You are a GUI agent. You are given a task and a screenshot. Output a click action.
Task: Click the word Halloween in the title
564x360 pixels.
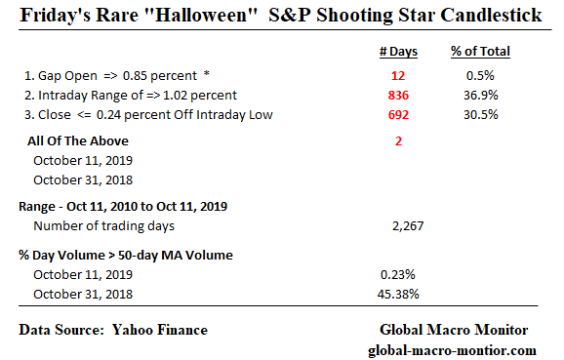point(209,17)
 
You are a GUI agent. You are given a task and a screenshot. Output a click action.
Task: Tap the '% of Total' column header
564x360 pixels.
point(482,52)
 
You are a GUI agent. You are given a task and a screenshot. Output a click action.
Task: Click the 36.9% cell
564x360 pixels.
point(482,95)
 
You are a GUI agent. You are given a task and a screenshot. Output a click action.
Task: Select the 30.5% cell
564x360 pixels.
point(482,114)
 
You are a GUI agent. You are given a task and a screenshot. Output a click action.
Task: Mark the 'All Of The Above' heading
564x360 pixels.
point(78,140)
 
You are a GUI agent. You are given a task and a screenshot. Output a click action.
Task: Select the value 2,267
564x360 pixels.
point(403,226)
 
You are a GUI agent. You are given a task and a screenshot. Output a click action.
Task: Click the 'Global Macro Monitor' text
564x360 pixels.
point(453,331)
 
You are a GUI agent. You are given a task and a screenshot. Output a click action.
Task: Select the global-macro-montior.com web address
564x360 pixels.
point(452,349)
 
